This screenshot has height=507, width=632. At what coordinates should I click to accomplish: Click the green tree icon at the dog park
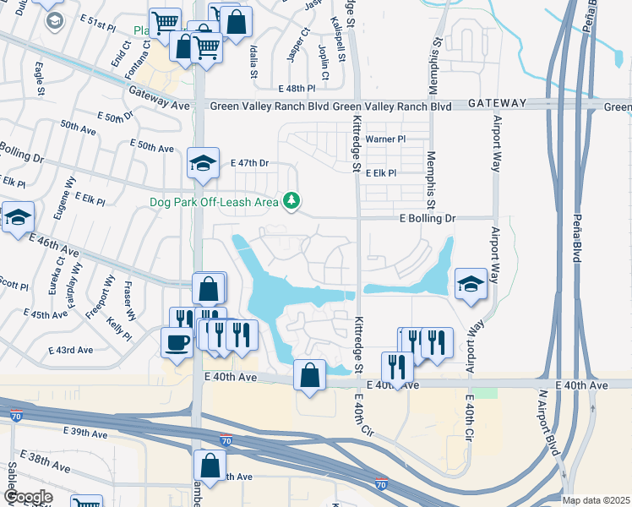click(x=291, y=200)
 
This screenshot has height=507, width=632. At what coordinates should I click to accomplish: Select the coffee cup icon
click(x=177, y=341)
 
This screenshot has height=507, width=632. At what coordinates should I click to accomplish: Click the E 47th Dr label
click(x=248, y=161)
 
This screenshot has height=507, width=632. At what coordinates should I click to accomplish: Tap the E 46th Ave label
click(x=57, y=246)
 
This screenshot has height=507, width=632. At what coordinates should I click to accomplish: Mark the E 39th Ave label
click(x=85, y=433)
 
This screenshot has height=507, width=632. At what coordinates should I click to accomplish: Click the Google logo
click(x=28, y=496)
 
